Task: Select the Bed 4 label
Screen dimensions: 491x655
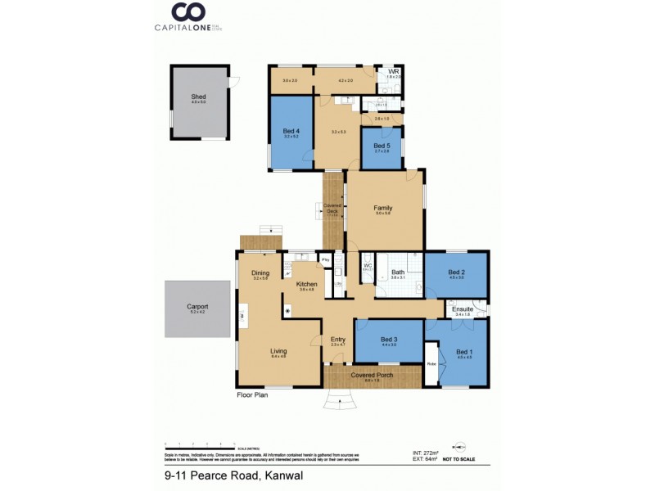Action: pos(291,131)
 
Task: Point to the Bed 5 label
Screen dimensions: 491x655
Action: pos(382,146)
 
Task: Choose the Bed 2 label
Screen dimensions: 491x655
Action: pos(456,272)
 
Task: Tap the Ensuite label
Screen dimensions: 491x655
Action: pos(463,309)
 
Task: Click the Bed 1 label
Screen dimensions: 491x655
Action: pos(464,351)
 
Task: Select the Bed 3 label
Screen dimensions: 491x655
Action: pos(389,340)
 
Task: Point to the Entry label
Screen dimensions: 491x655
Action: pos(337,340)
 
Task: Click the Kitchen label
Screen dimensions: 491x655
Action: pos(306,284)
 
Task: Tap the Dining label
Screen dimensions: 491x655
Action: pos(260,273)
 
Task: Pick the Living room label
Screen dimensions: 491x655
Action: pos(279,352)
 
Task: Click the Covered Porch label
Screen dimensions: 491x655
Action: pos(372,376)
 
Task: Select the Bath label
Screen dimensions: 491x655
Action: pos(398,272)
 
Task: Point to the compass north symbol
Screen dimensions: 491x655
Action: pos(459,447)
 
